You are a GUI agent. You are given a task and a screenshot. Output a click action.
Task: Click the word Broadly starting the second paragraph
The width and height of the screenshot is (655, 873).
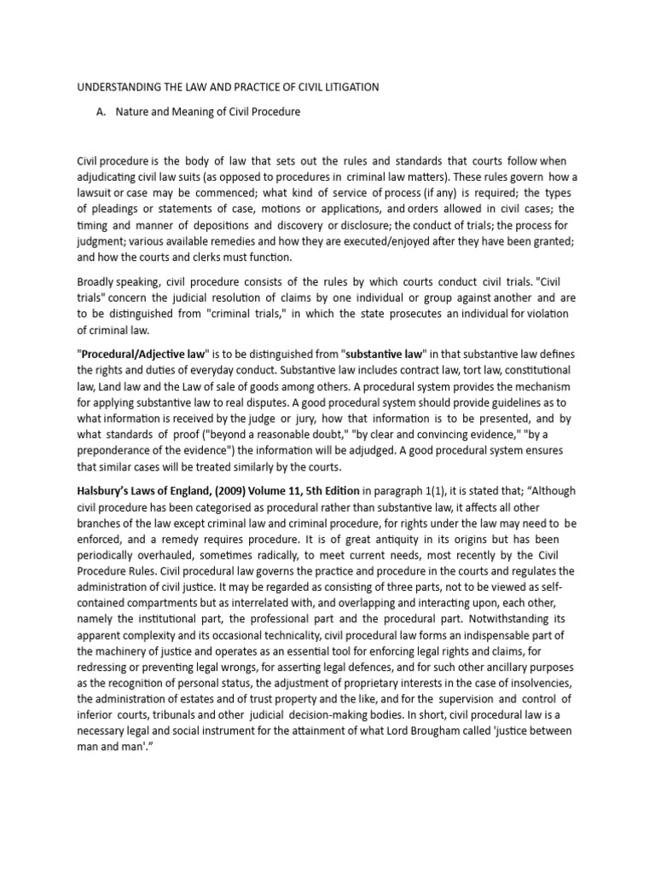click(99, 282)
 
